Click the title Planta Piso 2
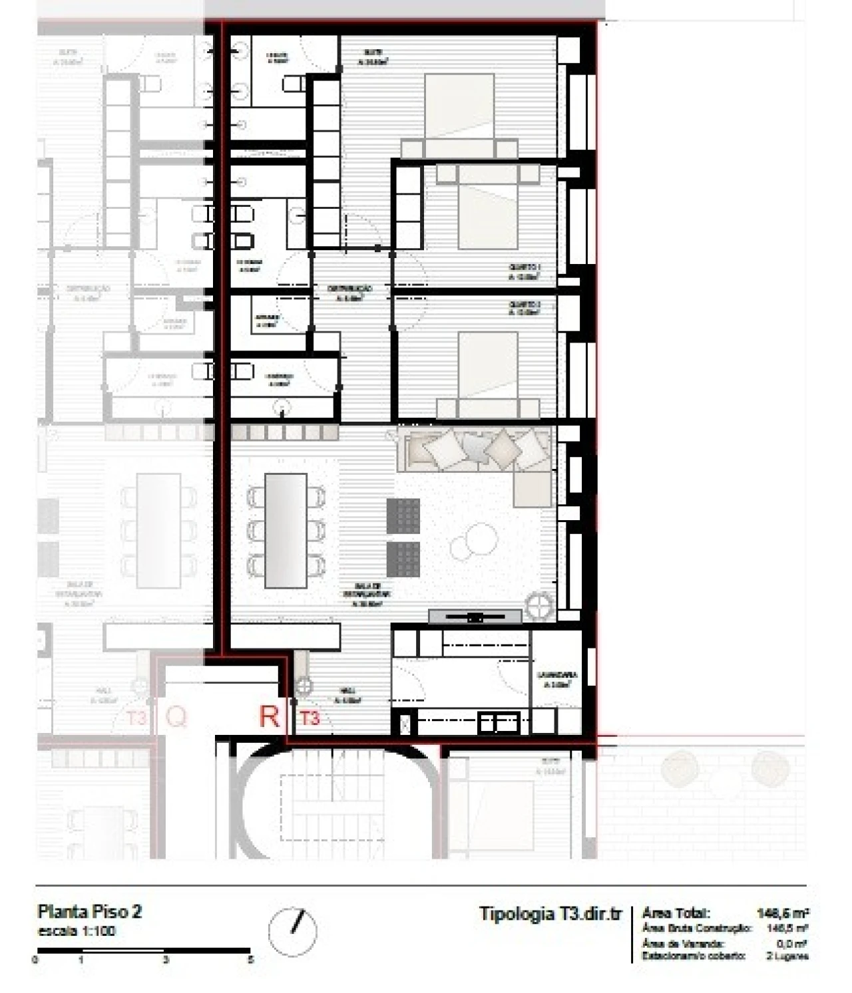point(89,911)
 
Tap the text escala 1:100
point(77,930)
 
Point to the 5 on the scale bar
point(250,960)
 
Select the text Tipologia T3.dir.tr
point(550,913)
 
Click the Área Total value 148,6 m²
point(783,913)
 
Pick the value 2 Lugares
point(787,956)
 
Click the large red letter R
point(269,716)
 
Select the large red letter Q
point(176,716)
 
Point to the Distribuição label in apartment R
point(349,293)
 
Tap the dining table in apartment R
point(286,530)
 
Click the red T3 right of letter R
point(310,718)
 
